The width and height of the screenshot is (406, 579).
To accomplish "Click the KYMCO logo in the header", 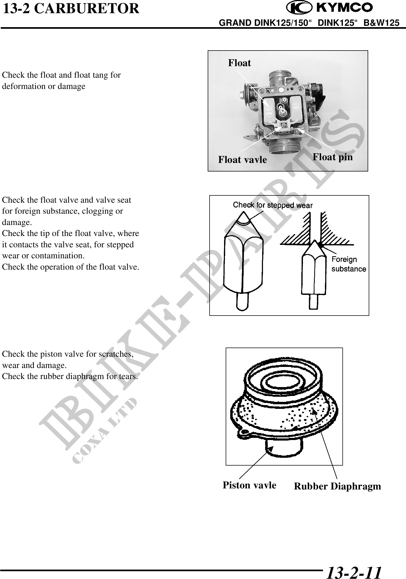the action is click(x=330, y=8).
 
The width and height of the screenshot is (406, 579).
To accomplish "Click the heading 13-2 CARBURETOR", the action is click(x=71, y=9).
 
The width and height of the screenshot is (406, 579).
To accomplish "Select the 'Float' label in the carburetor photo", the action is click(x=240, y=63).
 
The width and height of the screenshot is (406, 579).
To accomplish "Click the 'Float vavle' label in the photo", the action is click(x=243, y=160).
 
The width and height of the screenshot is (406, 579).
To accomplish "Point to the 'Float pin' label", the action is click(x=333, y=157).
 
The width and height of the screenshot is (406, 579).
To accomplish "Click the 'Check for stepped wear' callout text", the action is click(x=273, y=205).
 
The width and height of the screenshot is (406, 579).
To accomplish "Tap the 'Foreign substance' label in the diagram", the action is click(x=349, y=264).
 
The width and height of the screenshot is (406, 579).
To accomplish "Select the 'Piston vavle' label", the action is click(x=250, y=485).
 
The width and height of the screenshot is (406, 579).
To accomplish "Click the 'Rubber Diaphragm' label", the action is click(x=338, y=486).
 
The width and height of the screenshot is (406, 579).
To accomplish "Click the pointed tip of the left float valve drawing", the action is click(x=244, y=213).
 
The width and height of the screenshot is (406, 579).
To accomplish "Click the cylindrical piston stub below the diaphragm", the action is click(x=284, y=447).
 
